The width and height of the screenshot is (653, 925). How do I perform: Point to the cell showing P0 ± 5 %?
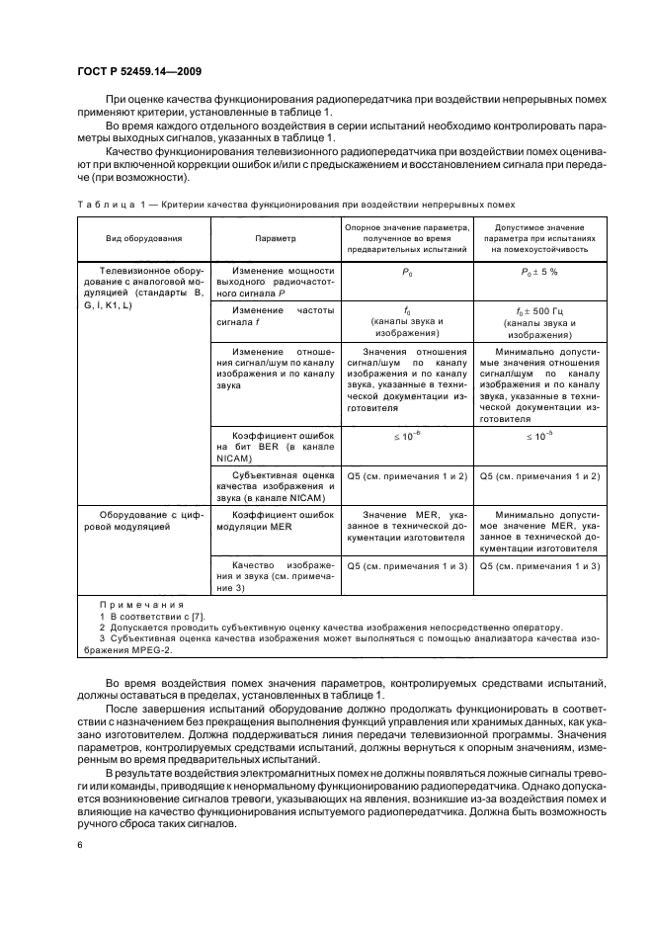[x=540, y=272]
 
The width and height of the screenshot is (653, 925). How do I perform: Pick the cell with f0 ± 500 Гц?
[x=540, y=311]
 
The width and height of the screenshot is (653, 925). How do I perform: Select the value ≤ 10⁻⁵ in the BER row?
[x=540, y=435]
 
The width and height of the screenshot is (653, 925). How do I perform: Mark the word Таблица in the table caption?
[x=104, y=205]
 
